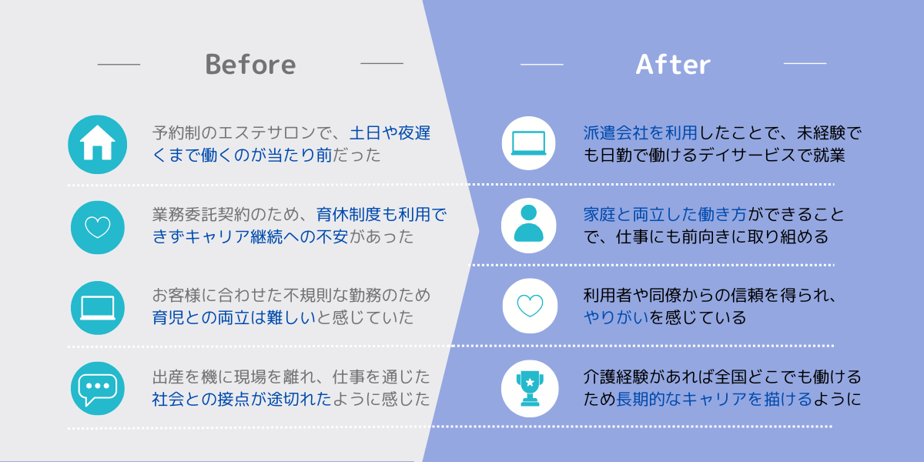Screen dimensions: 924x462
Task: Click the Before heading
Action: [250, 65]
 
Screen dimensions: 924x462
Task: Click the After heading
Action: [673, 65]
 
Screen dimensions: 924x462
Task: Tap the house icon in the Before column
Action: [97, 145]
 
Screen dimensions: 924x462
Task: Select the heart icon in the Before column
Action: [97, 227]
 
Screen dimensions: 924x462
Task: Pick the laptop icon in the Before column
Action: [97, 308]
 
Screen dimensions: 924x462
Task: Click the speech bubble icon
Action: [97, 389]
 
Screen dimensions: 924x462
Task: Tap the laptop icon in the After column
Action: [528, 143]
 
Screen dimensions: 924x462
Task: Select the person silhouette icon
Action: [528, 225]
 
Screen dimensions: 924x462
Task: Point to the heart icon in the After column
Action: [530, 306]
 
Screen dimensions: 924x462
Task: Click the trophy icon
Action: [530, 389]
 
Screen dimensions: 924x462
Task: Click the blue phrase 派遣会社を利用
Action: [640, 132]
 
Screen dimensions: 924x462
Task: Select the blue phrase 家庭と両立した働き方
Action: [665, 215]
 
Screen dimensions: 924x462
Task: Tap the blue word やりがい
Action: [616, 317]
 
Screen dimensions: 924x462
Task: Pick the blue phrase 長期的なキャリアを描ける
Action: [714, 400]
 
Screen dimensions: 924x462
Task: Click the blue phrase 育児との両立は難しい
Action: [234, 317]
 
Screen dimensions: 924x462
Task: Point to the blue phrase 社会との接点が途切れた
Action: [242, 400]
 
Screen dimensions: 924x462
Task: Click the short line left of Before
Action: [119, 65]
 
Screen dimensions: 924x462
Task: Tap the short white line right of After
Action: [805, 63]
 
